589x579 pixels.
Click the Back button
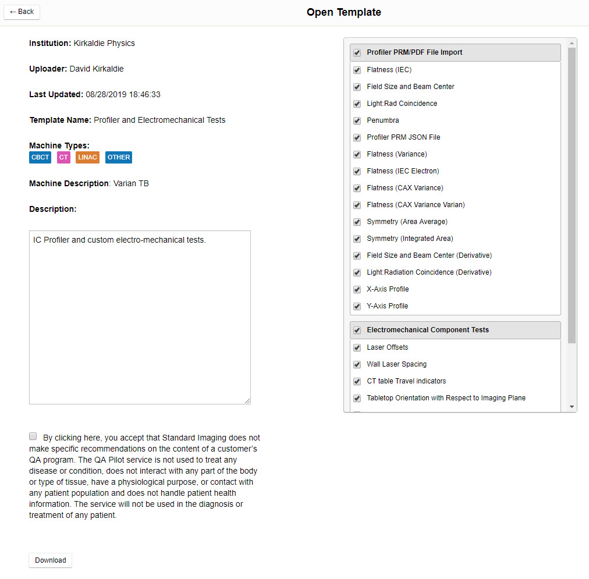click(22, 12)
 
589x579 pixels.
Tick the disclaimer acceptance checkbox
click(33, 436)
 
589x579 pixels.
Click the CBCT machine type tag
click(40, 157)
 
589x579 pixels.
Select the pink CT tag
click(63, 157)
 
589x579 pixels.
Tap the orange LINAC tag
click(87, 157)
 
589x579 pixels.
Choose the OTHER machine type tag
click(119, 157)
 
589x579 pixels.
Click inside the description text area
click(140, 317)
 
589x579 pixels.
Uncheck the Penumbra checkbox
click(357, 120)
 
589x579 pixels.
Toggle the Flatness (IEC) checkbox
click(357, 70)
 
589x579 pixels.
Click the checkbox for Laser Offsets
click(357, 347)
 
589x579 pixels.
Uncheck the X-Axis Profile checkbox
click(357, 289)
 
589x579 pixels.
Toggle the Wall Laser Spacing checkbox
click(357, 364)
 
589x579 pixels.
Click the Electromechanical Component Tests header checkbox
click(357, 331)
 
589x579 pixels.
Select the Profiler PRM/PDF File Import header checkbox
click(357, 53)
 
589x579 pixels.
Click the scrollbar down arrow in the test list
click(572, 407)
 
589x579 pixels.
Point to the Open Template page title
click(344, 12)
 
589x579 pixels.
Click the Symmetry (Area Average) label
click(407, 222)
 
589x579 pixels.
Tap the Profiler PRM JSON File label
click(403, 137)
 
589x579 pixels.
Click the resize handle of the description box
click(247, 400)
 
